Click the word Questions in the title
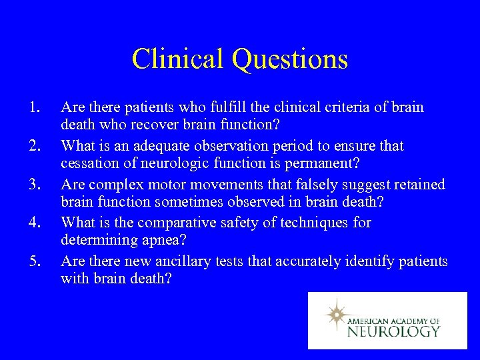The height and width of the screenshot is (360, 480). (290, 59)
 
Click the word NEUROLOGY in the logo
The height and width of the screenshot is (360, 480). (393, 331)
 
